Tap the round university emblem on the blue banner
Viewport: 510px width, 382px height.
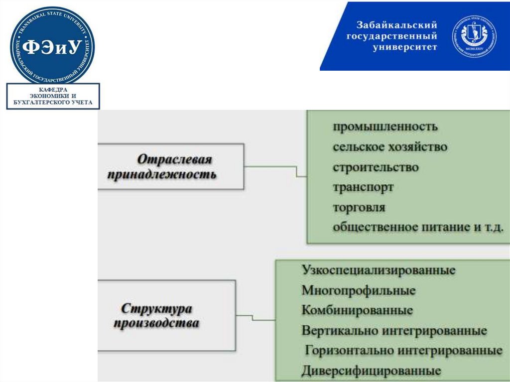click(x=474, y=36)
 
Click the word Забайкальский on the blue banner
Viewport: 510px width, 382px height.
click(x=396, y=25)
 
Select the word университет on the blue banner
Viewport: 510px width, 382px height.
click(x=404, y=47)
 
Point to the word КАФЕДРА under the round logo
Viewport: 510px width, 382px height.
click(x=53, y=89)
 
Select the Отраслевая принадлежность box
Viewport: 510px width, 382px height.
click(x=171, y=167)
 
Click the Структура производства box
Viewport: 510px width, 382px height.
click(x=166, y=315)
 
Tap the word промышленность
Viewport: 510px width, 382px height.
click(x=385, y=127)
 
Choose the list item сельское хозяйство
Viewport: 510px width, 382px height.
click(x=390, y=147)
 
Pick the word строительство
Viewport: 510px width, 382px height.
click(x=376, y=167)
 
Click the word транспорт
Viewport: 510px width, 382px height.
click(x=363, y=187)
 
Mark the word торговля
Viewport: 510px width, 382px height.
click(x=359, y=207)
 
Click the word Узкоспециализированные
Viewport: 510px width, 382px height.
click(x=379, y=270)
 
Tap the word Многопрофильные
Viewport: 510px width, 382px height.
click(x=358, y=290)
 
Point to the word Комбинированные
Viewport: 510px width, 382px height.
click(x=357, y=310)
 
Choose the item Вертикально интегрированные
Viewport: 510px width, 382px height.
click(x=394, y=330)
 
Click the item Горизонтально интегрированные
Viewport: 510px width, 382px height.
click(x=403, y=351)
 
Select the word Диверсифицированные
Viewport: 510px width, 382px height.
click(x=371, y=371)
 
